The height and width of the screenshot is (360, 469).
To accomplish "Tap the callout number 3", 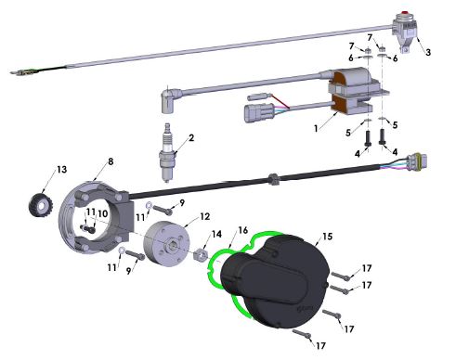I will click(x=427, y=53).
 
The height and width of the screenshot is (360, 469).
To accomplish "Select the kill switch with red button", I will click(x=405, y=26).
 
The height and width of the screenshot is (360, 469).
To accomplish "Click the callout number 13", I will click(x=62, y=170).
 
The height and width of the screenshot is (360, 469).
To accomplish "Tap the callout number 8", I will click(x=110, y=161).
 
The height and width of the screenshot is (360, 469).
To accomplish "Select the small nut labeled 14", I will click(x=200, y=253).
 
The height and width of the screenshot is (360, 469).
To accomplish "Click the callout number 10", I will click(x=103, y=213).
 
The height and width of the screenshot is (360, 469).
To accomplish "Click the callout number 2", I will click(x=190, y=139).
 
